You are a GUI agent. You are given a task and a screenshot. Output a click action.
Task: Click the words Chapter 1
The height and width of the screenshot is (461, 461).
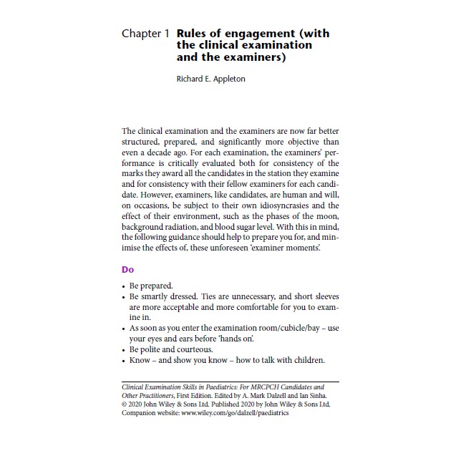click(145, 34)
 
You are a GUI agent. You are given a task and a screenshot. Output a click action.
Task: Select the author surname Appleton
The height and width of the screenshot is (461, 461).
click(227, 79)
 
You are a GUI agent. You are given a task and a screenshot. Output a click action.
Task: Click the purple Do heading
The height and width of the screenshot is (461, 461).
click(127, 270)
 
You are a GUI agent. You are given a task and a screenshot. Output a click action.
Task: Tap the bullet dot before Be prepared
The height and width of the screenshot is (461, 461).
click(124, 286)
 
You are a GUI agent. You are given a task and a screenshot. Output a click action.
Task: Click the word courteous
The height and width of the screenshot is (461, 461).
click(193, 349)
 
